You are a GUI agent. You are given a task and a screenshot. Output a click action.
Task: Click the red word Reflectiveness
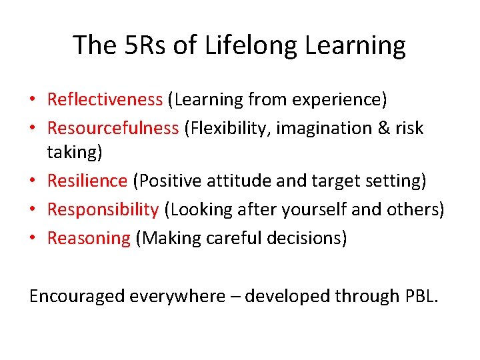coord(105,100)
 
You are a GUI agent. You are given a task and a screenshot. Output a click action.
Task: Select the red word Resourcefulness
coord(113,128)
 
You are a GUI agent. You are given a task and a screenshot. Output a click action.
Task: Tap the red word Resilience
coord(87,181)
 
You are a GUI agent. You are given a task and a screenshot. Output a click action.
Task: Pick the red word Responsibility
coord(103,209)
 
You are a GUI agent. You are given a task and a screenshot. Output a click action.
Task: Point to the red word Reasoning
coord(89,238)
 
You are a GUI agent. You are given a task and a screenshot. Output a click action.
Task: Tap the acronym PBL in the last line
coord(420,296)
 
